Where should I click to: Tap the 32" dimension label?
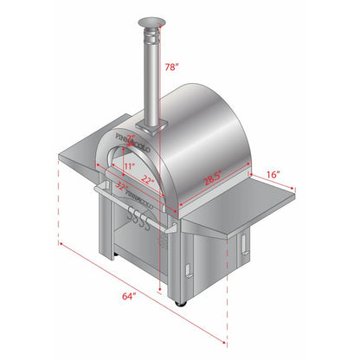click(x=122, y=186)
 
